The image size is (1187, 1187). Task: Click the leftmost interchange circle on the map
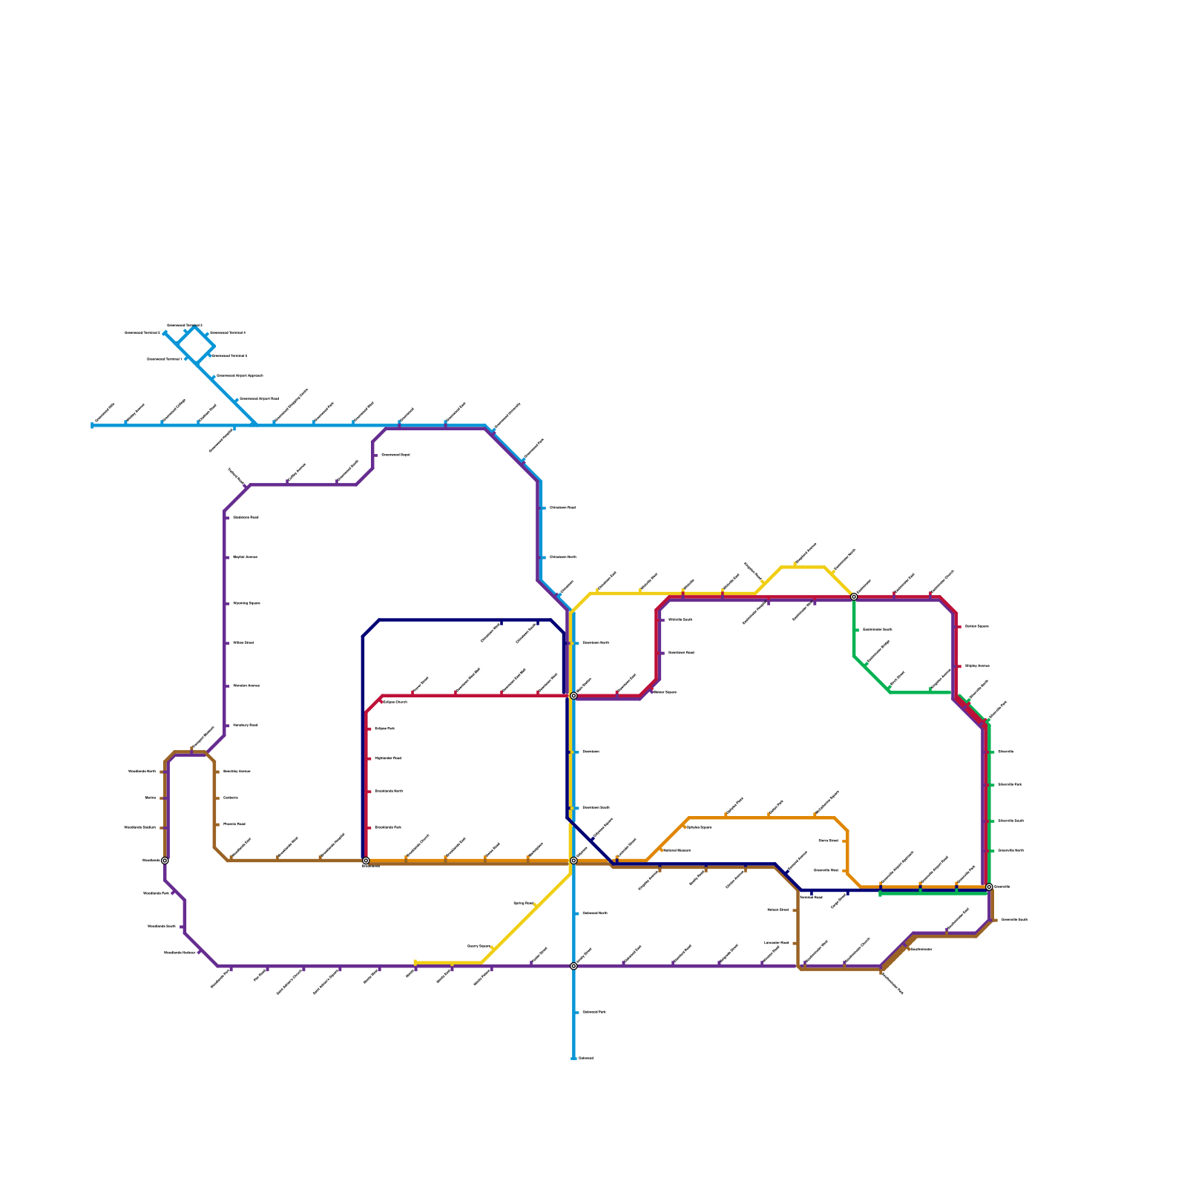165,861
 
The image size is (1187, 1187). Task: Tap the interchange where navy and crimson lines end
366,861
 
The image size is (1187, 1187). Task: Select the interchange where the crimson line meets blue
573,696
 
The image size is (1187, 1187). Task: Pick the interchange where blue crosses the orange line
573,861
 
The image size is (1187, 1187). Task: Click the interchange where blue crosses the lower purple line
573,966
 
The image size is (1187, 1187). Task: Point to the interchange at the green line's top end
854,596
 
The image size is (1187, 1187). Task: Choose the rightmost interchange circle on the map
989,887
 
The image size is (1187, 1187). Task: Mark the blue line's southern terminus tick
573,1058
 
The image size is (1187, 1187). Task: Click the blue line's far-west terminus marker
93,425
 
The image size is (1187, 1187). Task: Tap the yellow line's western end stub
415,962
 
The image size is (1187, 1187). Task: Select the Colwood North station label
594,913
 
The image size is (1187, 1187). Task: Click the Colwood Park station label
593,1012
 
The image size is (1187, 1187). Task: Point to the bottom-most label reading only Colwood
585,1058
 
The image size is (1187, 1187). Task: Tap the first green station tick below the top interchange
857,630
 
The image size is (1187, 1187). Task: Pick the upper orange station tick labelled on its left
844,841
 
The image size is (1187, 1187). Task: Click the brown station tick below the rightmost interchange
994,920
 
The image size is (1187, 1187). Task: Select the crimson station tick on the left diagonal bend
380,700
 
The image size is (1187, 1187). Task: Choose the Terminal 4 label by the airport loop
227,333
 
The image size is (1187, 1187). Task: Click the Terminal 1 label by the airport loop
164,359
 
